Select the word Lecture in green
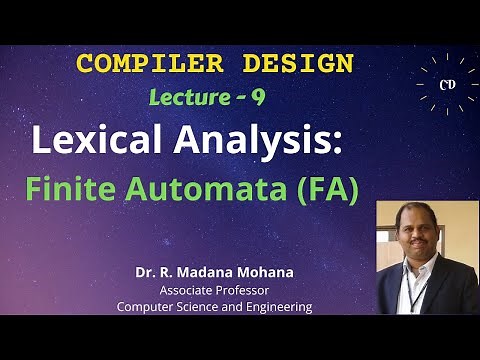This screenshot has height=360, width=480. click(x=191, y=98)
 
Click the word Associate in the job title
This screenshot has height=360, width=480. click(x=187, y=290)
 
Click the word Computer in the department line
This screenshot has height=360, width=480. click(x=148, y=307)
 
